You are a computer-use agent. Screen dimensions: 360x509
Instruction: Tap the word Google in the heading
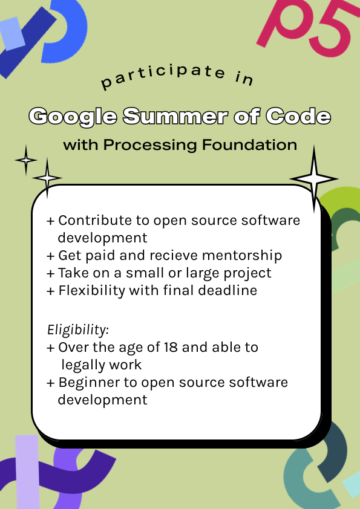tap(73, 117)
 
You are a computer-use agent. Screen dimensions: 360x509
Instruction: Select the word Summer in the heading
tap(175, 116)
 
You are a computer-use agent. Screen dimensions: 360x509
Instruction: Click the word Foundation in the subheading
tap(249, 144)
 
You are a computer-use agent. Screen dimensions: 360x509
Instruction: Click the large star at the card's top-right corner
tap(314, 179)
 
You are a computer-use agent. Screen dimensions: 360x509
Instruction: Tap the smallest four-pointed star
tap(26, 160)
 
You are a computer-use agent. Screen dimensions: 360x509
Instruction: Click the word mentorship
tap(242, 256)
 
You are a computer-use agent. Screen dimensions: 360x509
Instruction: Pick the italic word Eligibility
tap(78, 330)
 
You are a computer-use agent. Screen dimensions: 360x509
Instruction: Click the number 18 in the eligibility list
tap(171, 348)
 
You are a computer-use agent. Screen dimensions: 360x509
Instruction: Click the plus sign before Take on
tap(50, 273)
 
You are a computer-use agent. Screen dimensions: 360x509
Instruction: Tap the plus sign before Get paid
tap(50, 256)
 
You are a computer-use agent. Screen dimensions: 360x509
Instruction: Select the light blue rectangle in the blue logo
tap(12, 33)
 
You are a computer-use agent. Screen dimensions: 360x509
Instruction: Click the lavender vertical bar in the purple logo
tap(27, 472)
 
